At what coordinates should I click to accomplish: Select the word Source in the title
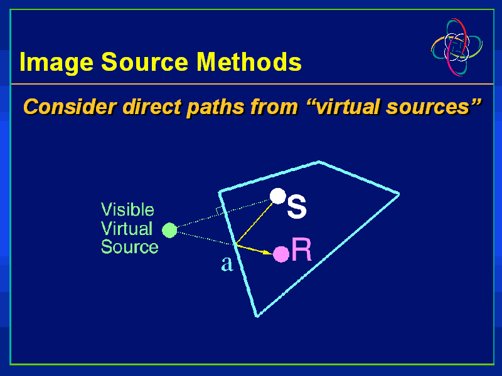[x=145, y=63]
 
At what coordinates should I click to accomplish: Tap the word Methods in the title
[x=249, y=63]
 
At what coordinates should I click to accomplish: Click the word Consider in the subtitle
[x=69, y=107]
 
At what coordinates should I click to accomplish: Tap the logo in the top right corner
[x=457, y=47]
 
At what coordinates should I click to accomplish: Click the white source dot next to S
[x=277, y=196]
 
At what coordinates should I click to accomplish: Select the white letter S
[x=296, y=207]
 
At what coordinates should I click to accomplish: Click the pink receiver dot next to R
[x=281, y=254]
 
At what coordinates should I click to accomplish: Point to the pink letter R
[x=301, y=251]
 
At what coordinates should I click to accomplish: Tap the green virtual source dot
[x=169, y=231]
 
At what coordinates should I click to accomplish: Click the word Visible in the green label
[x=127, y=209]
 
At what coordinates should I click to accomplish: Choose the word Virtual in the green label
[x=126, y=228]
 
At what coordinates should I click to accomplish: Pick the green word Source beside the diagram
[x=129, y=247]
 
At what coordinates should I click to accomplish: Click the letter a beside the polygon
[x=227, y=264]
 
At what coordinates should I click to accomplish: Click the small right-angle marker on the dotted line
[x=220, y=211]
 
